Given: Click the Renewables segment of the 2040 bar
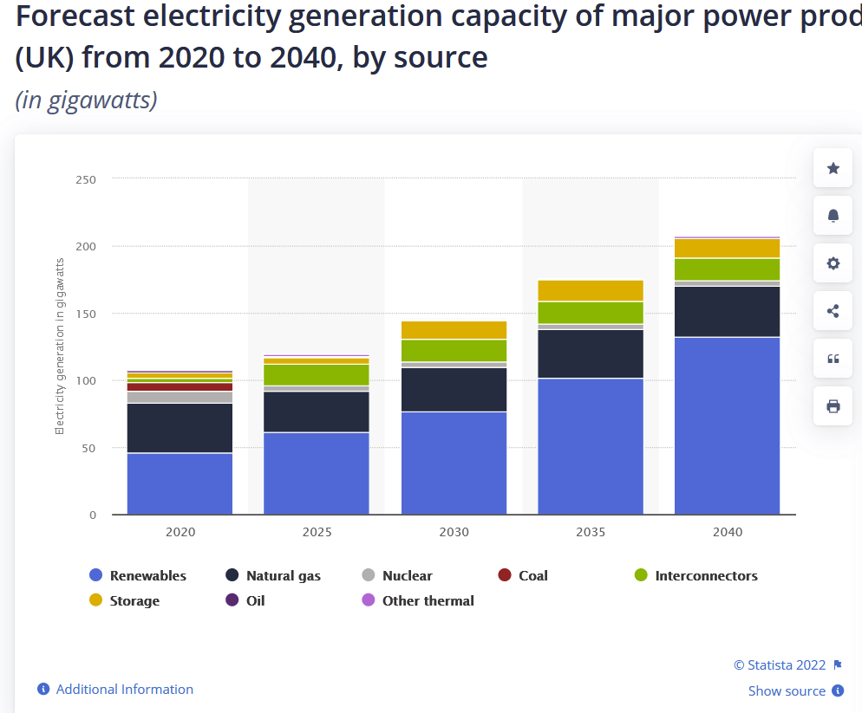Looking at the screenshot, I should tap(727, 425).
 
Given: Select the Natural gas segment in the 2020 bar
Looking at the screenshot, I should tap(180, 428).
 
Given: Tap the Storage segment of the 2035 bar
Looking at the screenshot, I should tap(591, 290).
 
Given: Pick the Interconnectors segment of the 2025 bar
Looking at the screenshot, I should tap(317, 374).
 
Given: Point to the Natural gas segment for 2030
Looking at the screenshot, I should tap(454, 390).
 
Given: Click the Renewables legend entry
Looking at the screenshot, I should tap(138, 575).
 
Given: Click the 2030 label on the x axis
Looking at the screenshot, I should tap(454, 532).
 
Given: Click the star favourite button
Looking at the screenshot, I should tap(833, 168).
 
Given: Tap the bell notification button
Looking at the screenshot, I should tap(833, 216).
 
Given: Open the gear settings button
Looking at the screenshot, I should tap(833, 263).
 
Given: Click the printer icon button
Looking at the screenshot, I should tap(833, 405).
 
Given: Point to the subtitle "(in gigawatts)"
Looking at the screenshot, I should tap(86, 100).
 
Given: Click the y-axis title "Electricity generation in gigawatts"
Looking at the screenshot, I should tap(60, 346).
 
